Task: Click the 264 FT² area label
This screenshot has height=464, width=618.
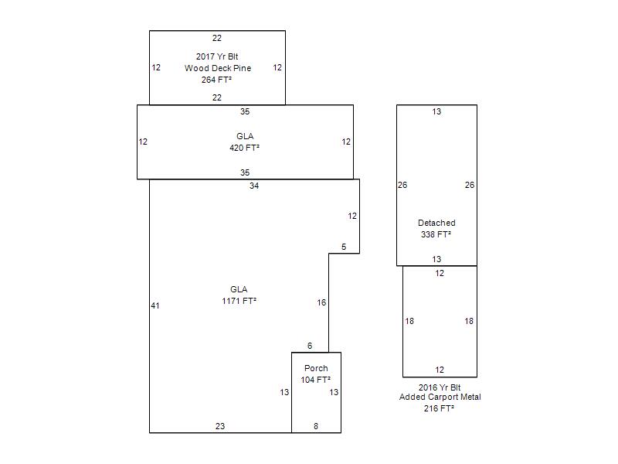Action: (216, 80)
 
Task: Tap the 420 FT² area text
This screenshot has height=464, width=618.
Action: (244, 148)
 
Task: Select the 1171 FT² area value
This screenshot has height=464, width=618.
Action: (239, 301)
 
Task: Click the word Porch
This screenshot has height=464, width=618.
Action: (316, 368)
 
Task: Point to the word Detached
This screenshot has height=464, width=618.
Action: (436, 223)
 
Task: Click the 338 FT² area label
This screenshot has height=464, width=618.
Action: (436, 234)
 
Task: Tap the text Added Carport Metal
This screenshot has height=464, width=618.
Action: (440, 397)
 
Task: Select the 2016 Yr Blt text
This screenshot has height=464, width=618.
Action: (440, 387)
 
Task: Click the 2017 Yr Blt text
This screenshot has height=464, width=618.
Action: (217, 56)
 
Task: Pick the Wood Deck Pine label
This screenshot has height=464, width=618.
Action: (218, 68)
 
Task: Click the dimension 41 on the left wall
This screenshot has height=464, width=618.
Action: (155, 305)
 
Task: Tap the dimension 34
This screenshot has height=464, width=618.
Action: (254, 186)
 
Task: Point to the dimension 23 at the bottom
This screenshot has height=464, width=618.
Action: (220, 426)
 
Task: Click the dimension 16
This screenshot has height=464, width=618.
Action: (321, 302)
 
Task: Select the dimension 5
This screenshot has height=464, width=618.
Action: (344, 247)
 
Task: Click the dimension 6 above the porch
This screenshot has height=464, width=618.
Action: (310, 346)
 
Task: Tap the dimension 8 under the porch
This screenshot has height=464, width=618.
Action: (316, 426)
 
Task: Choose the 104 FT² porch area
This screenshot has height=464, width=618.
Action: (316, 380)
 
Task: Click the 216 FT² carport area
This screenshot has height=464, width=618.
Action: (439, 409)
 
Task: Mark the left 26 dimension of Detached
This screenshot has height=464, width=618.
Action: (402, 185)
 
